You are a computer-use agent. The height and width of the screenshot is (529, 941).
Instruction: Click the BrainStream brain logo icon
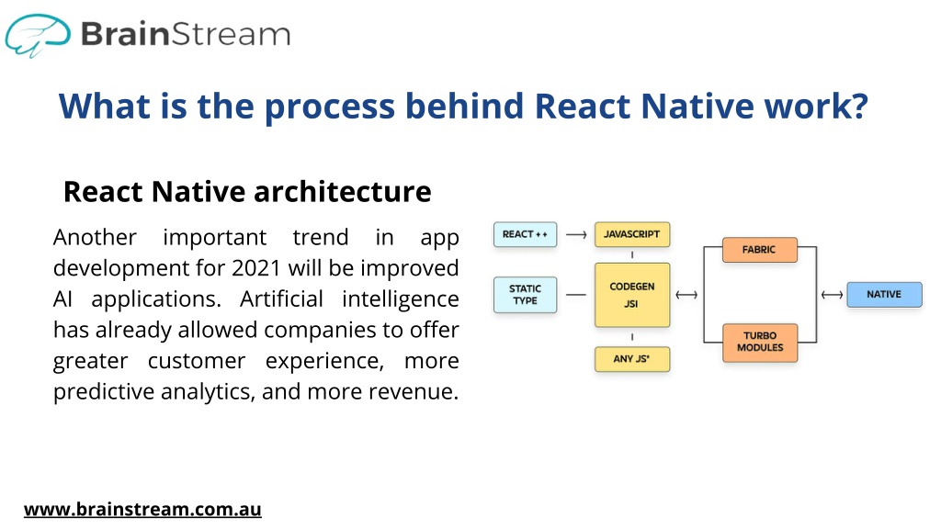(37, 35)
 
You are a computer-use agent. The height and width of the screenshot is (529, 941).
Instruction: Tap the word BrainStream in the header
(186, 34)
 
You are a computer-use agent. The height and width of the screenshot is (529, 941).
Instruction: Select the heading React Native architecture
(247, 192)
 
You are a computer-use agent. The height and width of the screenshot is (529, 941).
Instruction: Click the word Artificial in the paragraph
(281, 298)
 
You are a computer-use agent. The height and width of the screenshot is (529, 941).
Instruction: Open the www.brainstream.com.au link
(142, 509)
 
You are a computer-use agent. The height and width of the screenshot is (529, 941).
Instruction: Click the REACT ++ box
(525, 234)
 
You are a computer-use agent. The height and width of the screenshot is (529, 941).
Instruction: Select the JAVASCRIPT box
(632, 234)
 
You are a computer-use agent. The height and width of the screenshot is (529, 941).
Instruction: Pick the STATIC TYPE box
(525, 295)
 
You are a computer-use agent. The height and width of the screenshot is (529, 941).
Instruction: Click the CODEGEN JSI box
(632, 295)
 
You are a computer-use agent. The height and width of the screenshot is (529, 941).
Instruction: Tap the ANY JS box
(632, 359)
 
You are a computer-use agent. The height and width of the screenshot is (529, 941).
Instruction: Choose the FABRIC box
(760, 250)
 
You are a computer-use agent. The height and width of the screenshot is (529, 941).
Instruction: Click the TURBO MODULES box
(760, 343)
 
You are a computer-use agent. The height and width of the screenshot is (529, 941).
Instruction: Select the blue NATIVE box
(884, 295)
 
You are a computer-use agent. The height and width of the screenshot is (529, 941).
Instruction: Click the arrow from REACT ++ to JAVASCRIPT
(576, 235)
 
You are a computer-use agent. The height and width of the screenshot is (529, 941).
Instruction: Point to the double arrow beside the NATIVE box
(832, 295)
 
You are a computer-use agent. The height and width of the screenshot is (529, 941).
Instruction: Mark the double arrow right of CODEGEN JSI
(686, 295)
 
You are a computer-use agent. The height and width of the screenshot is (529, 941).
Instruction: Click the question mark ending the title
(860, 107)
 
